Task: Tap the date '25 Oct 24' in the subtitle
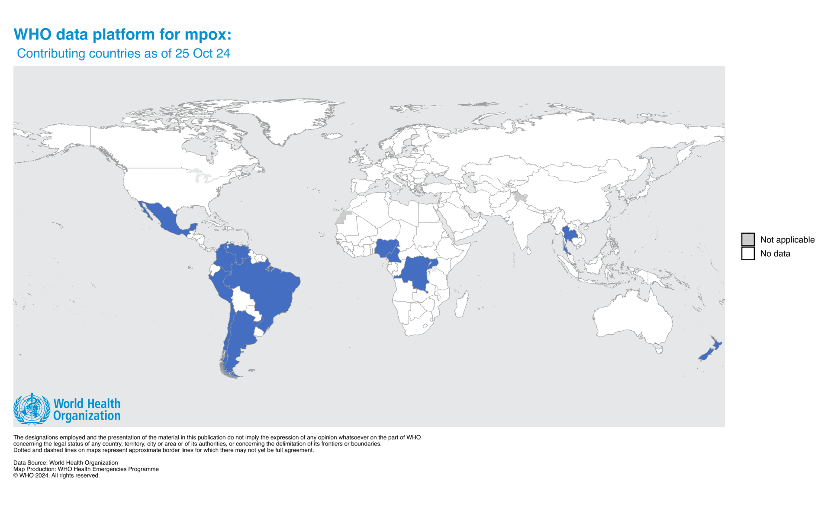point(202,53)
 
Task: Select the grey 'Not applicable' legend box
point(747,239)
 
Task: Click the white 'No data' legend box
point(747,253)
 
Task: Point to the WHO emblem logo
point(32,409)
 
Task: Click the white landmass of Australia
point(632,316)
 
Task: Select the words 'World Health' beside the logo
point(87,404)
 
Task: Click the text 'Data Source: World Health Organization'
point(65,462)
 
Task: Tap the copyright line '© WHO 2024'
point(56,475)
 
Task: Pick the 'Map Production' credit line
point(86,469)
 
